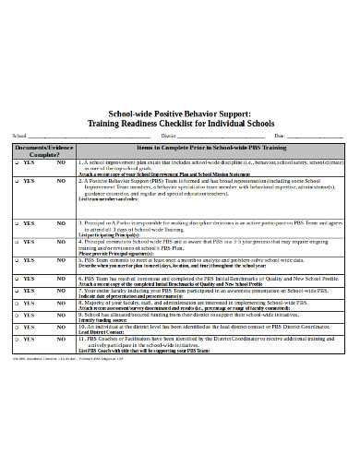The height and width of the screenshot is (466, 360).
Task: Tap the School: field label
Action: (x=19, y=136)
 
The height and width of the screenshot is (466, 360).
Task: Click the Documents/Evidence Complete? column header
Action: (x=41, y=150)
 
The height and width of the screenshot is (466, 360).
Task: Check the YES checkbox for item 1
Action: (x=18, y=161)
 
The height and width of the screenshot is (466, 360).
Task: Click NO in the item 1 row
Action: (x=61, y=161)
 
